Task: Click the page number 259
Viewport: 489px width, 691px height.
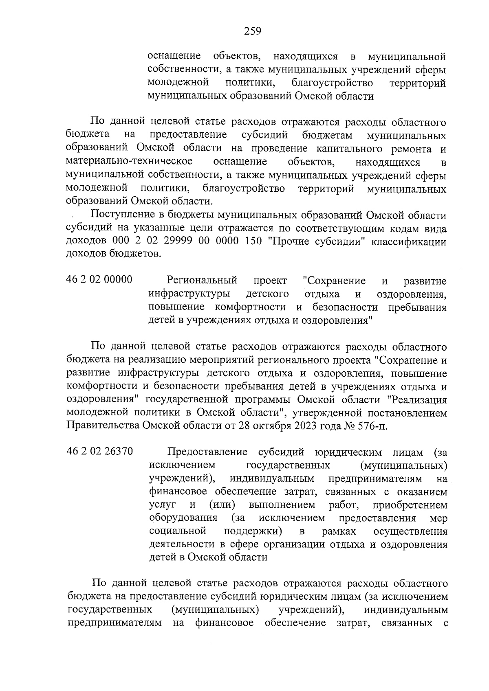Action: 252,31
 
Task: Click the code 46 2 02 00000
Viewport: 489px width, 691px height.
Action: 99,280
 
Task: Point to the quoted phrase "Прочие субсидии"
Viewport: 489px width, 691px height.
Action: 313,242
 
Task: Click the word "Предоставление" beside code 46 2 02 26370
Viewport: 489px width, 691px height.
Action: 207,452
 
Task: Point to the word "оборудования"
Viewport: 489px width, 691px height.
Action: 183,518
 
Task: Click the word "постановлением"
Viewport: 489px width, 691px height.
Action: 407,413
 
